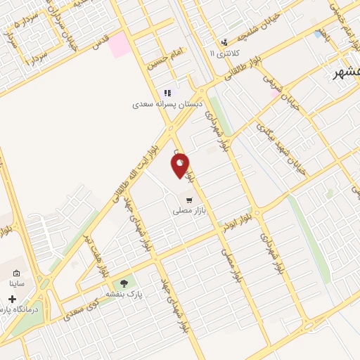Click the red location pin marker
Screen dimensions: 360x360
click(181, 165)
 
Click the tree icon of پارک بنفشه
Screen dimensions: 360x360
click(124, 283)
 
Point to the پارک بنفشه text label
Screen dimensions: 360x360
click(124, 294)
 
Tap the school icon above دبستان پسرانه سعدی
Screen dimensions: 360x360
click(167, 93)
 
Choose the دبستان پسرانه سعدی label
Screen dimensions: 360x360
click(168, 104)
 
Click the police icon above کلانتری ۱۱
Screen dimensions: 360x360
click(224, 41)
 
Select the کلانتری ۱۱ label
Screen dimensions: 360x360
click(224, 53)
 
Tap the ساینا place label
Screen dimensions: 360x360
click(17, 284)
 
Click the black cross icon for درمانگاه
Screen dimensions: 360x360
click(12, 299)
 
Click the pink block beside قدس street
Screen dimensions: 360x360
click(119, 44)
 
